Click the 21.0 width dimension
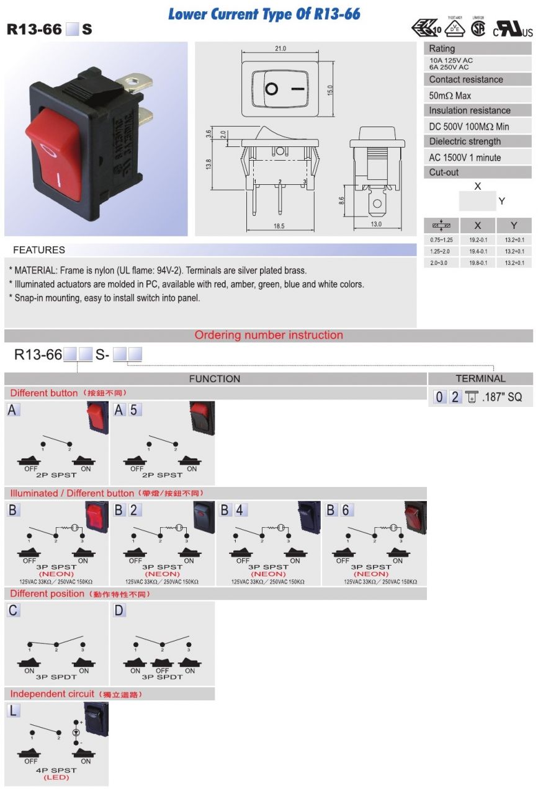click(x=280, y=48)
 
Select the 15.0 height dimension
click(x=331, y=89)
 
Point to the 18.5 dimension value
click(x=279, y=226)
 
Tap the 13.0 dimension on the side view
click(x=376, y=224)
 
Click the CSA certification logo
click(x=478, y=29)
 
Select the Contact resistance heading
click(x=466, y=79)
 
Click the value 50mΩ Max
click(x=450, y=96)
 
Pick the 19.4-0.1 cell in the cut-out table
click(x=478, y=251)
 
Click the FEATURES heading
click(x=39, y=250)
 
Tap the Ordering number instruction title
click(x=269, y=335)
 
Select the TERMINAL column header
click(x=480, y=378)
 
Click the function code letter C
click(x=14, y=610)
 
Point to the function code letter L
click(x=14, y=710)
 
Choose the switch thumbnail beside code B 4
click(x=309, y=516)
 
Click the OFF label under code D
click(x=162, y=671)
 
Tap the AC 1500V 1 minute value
click(x=465, y=158)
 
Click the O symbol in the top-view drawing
click(x=271, y=89)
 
